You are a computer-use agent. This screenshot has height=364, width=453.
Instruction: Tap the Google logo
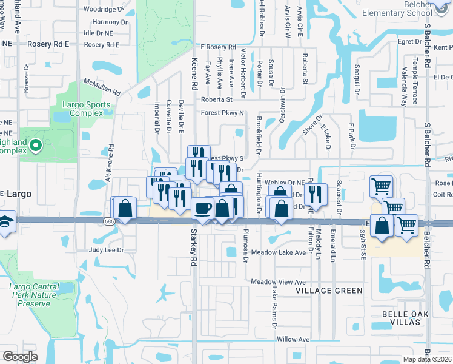point(20,356)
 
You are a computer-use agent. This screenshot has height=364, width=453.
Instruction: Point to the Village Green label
point(329,291)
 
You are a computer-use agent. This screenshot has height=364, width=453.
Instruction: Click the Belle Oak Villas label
point(405,318)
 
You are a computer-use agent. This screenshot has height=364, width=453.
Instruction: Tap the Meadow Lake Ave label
point(279,252)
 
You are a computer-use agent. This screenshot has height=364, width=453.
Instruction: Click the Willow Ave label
point(294,339)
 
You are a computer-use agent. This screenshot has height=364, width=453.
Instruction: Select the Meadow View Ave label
point(278,282)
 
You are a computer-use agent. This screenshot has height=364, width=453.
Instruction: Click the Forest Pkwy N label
point(222,113)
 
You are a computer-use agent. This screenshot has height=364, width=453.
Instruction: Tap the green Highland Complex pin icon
point(35,145)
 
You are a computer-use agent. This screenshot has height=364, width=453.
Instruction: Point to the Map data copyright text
point(429,359)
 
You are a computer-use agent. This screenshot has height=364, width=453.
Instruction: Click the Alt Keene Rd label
point(111,160)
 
